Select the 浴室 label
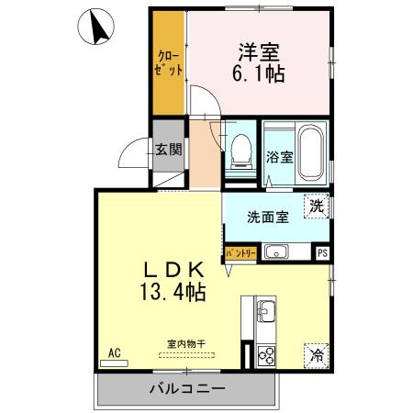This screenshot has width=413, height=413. pos(280,156)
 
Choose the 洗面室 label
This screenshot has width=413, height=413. pos(267,218)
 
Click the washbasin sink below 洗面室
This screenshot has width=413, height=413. pos(275,251)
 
